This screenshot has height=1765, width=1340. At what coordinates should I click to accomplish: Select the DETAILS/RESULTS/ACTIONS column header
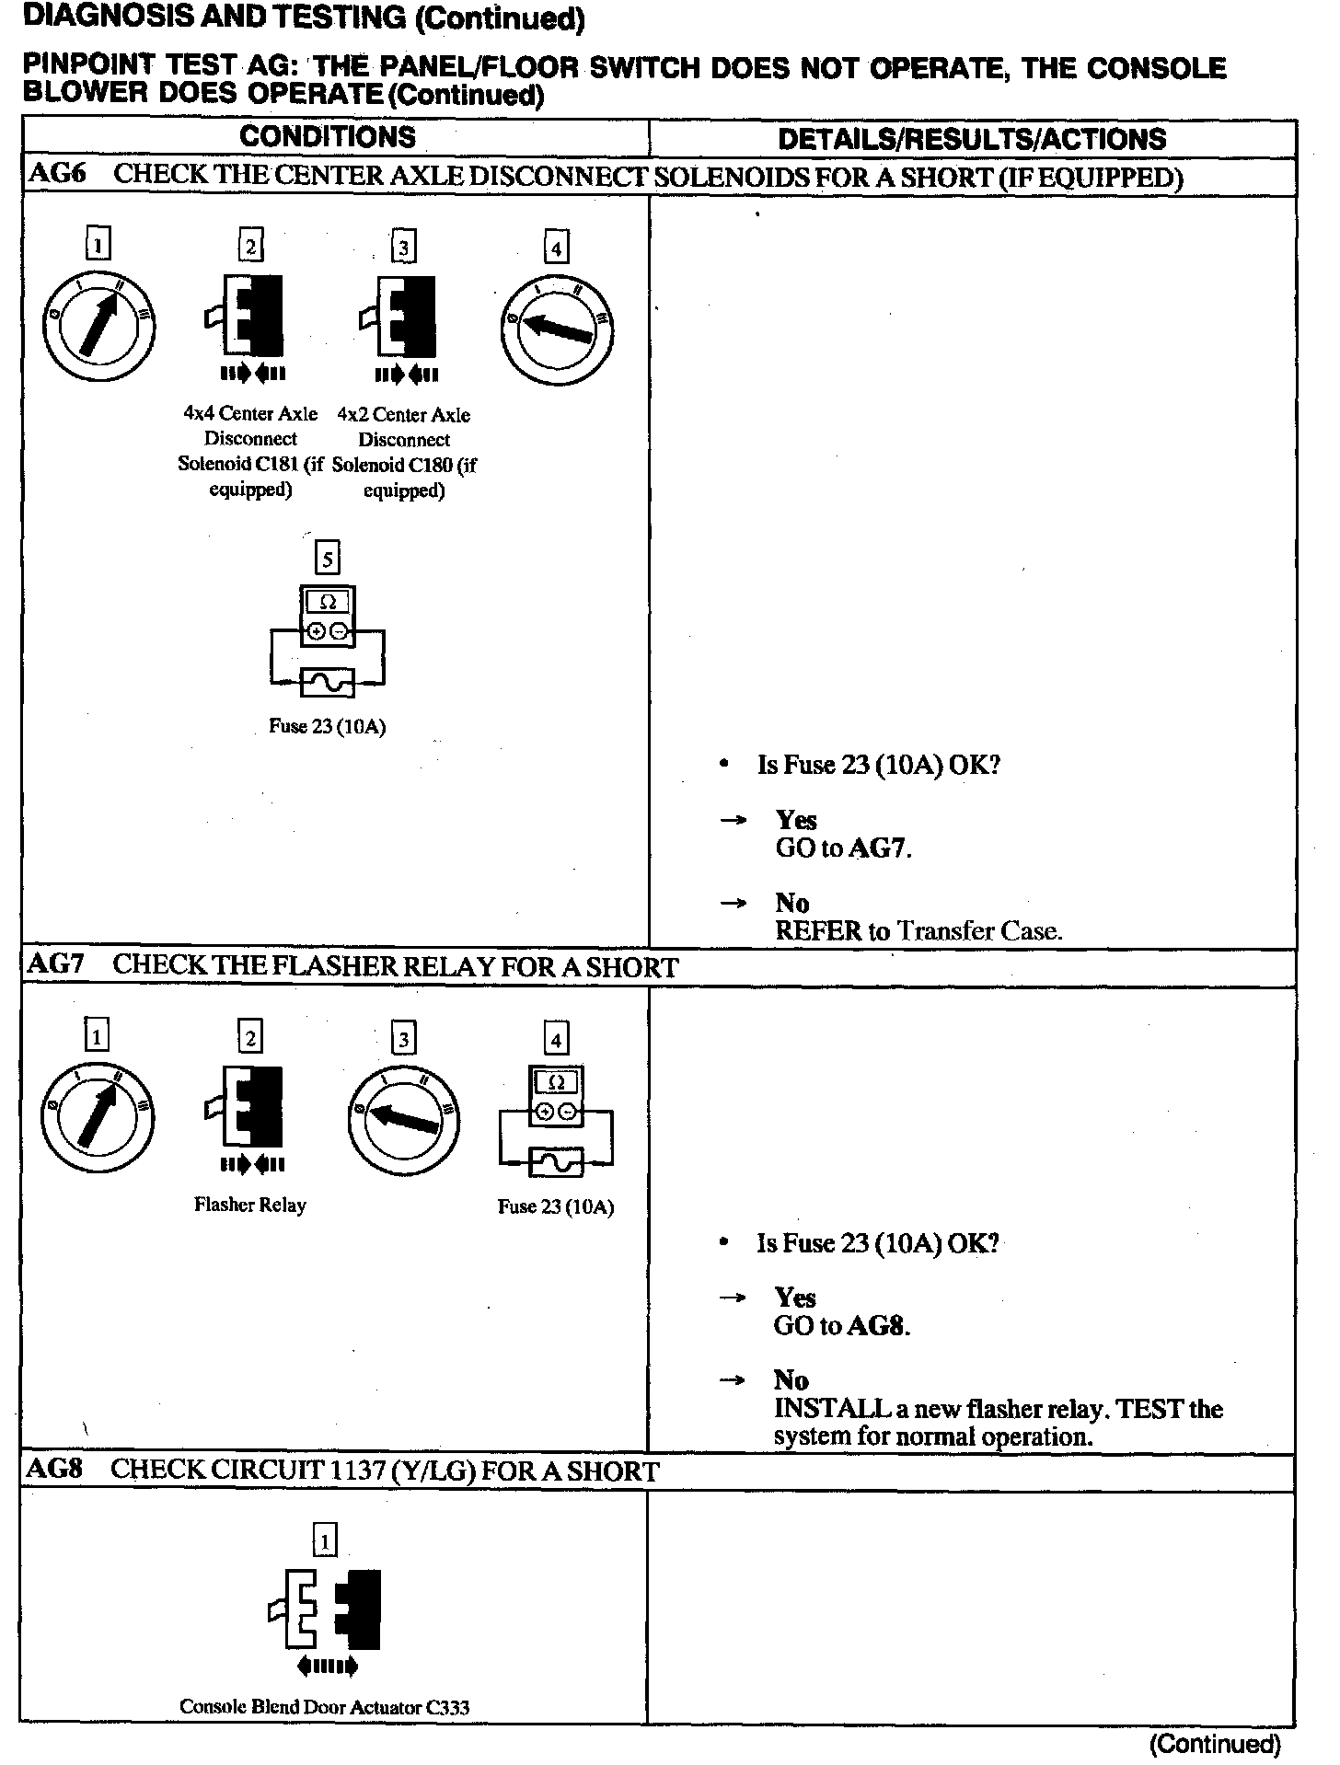pos(972,139)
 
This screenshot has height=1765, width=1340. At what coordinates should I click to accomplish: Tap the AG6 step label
pos(57,175)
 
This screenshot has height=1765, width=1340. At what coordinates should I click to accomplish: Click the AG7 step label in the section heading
pos(56,965)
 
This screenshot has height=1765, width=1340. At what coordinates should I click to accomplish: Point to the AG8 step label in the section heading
pos(54,1470)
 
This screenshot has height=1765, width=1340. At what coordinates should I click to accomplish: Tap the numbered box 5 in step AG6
pos(327,559)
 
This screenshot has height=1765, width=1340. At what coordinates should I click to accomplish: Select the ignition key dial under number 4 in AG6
pos(556,329)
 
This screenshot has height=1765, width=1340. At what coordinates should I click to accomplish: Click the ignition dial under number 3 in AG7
pos(403,1118)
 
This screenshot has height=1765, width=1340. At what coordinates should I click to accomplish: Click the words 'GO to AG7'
pos(842,848)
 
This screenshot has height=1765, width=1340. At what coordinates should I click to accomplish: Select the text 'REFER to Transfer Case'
pos(918,931)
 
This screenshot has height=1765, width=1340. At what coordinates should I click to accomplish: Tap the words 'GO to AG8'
pos(841,1326)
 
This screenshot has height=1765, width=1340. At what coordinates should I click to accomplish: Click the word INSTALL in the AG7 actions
pos(832,1409)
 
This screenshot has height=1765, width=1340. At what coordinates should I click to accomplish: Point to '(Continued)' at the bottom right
pos(1214,1744)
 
